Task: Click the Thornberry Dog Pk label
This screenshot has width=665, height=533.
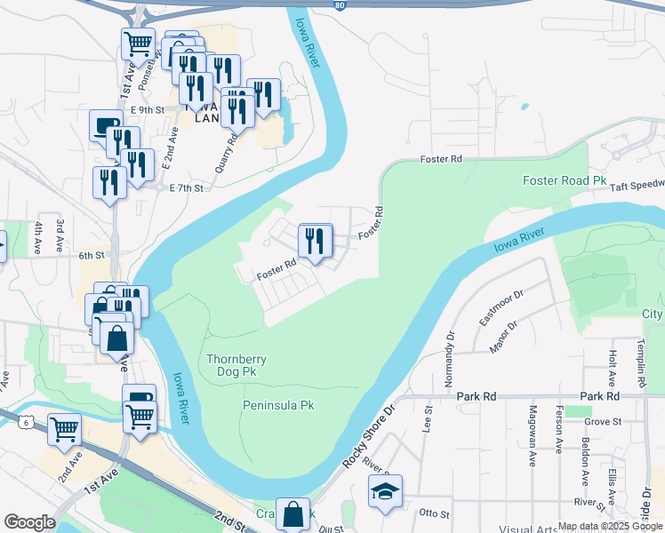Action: pyautogui.click(x=236, y=366)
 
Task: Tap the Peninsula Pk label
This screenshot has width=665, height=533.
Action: pyautogui.click(x=278, y=405)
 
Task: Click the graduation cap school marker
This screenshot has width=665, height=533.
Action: pyautogui.click(x=385, y=492)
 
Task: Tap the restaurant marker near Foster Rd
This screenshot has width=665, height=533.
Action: pyautogui.click(x=316, y=241)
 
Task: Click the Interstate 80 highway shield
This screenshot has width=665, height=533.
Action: pyautogui.click(x=341, y=5)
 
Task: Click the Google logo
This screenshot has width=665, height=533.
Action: pyautogui.click(x=29, y=522)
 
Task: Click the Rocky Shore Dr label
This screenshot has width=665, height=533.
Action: pyautogui.click(x=368, y=439)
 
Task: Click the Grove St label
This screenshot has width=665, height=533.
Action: pyautogui.click(x=602, y=421)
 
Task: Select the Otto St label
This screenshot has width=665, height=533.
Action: pyautogui.click(x=435, y=513)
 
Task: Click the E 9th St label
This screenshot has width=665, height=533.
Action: pyautogui.click(x=147, y=110)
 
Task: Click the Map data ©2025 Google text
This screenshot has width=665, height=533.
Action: pyautogui.click(x=609, y=525)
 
